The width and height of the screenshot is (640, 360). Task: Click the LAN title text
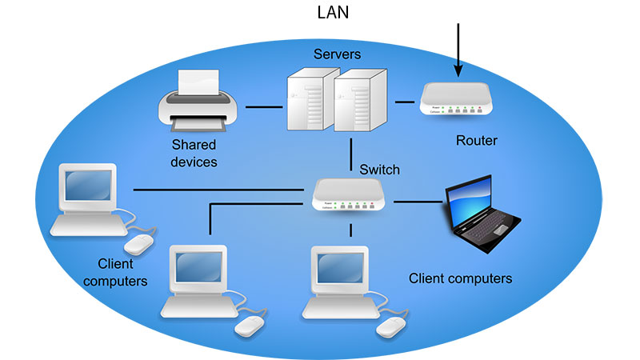tap(333, 13)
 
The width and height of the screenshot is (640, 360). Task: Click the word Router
tap(476, 141)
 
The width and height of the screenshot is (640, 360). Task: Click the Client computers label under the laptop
tap(460, 278)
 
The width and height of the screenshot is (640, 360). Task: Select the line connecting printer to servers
tap(263, 106)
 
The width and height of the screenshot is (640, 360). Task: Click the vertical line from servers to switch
tap(351, 154)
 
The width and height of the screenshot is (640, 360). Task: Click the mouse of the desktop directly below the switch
tap(391, 325)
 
